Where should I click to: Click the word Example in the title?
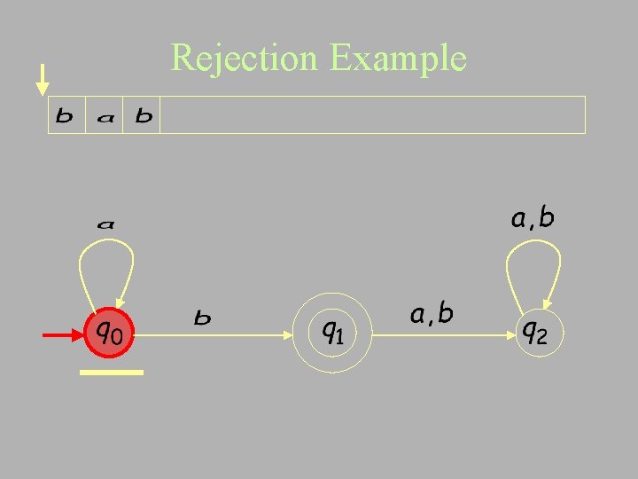click(397, 59)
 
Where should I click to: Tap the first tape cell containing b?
click(66, 115)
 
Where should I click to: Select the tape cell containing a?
click(105, 116)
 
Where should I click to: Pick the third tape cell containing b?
click(143, 115)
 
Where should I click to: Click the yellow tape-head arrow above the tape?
click(42, 80)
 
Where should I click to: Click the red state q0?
click(109, 334)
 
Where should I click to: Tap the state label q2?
click(534, 333)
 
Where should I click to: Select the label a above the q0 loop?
click(105, 225)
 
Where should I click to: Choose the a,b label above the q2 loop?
click(533, 218)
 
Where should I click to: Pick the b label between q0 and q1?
click(203, 317)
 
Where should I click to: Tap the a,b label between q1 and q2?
click(432, 313)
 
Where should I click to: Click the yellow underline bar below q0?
click(112, 373)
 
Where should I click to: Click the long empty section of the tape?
click(372, 115)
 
